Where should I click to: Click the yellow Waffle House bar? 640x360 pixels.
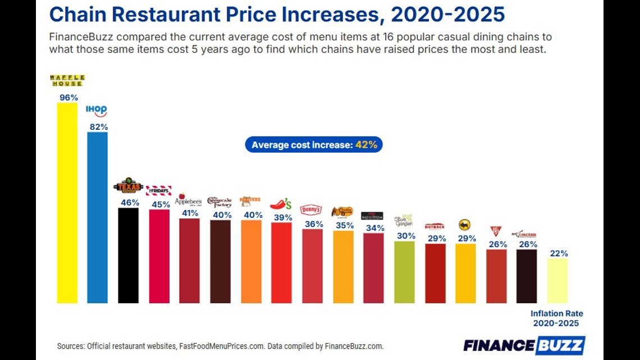click(67, 202)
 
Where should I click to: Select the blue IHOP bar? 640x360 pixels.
click(98, 217)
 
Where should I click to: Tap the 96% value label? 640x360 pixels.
click(68, 97)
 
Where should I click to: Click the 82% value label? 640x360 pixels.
click(99, 127)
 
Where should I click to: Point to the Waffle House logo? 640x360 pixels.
click(67, 80)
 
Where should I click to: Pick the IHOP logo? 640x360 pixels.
click(97, 111)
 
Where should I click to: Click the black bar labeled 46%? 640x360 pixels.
click(129, 256)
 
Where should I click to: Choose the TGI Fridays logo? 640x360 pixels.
click(158, 190)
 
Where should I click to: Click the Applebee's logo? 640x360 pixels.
click(188, 199)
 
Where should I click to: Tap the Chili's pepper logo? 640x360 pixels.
click(281, 204)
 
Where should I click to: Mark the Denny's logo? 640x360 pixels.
click(311, 209)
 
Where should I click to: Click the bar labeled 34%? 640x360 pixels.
click(373, 268)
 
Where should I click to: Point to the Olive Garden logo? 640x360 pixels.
click(404, 220)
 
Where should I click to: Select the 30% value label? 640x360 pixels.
click(406, 236)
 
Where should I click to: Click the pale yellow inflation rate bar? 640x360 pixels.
click(557, 280)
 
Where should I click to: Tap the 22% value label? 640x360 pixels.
click(559, 253)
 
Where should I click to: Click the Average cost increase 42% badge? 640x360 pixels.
click(314, 145)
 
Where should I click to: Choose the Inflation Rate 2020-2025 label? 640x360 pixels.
click(557, 318)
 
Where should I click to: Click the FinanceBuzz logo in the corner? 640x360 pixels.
click(524, 345)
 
